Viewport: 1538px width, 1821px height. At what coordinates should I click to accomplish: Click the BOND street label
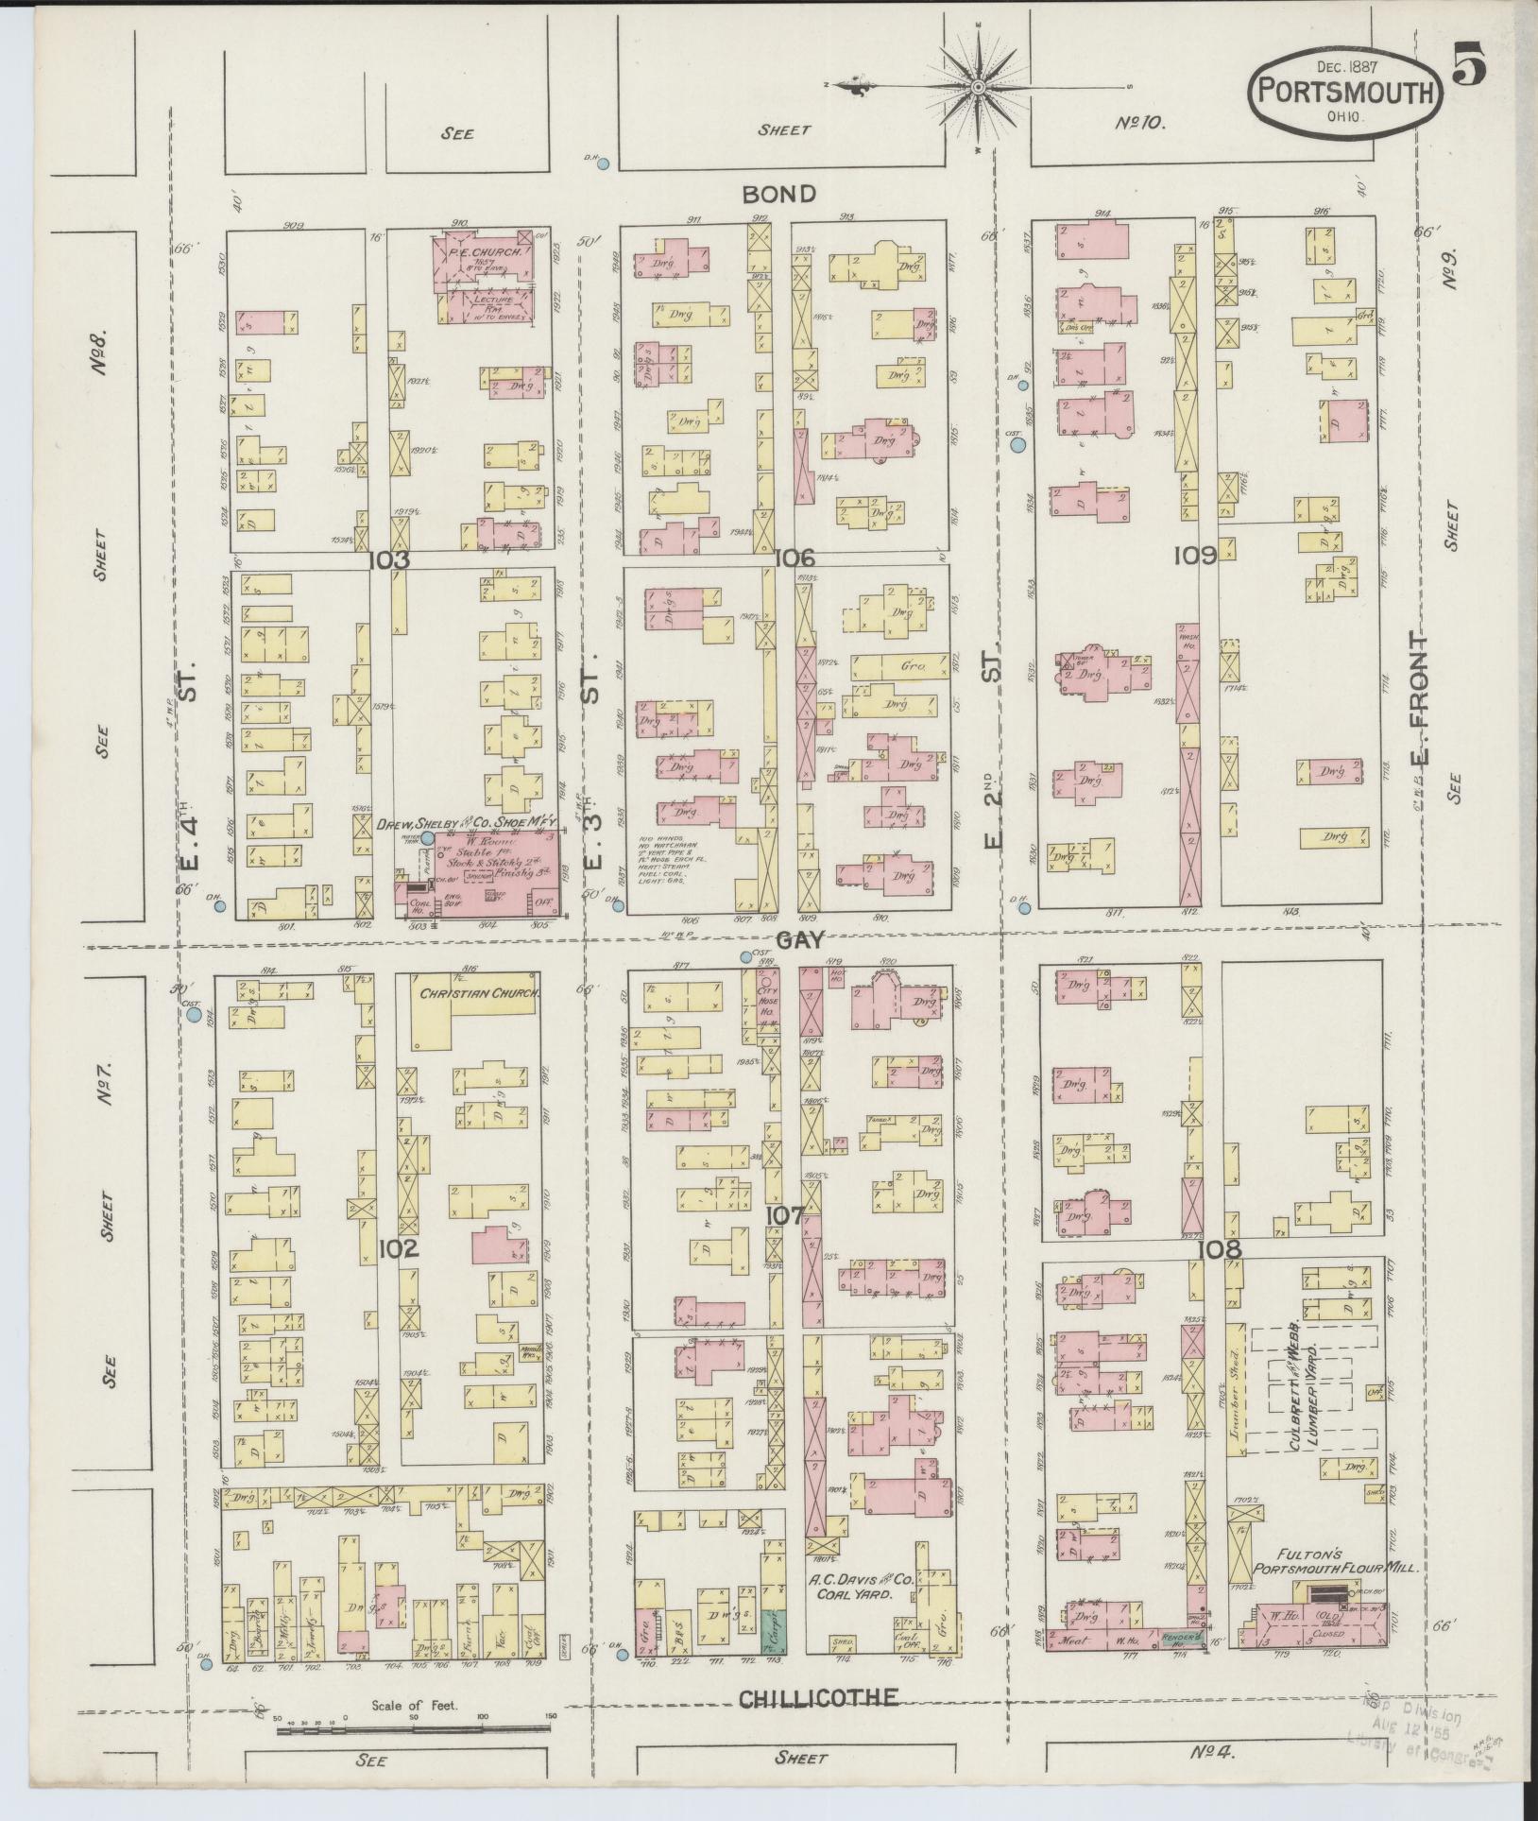pyautogui.click(x=778, y=195)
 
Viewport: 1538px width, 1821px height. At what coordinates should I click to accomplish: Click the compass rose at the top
pyautogui.click(x=980, y=88)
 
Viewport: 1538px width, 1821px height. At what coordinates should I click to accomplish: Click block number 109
pyautogui.click(x=1194, y=556)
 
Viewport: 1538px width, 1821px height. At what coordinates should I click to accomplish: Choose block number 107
pyautogui.click(x=785, y=1215)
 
